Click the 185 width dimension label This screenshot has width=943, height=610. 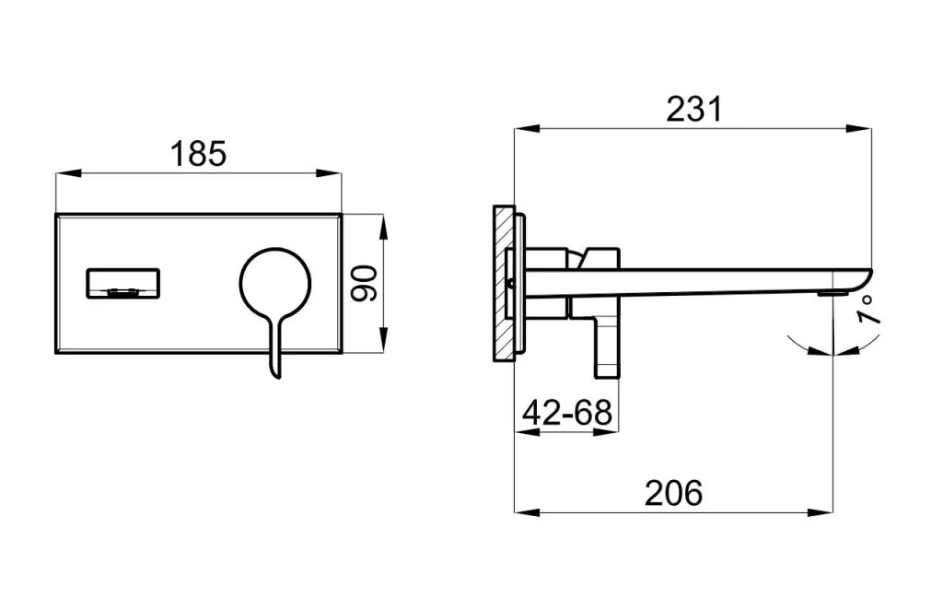click(x=199, y=154)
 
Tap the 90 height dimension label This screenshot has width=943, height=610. click(x=365, y=283)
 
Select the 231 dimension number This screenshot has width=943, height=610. click(x=694, y=110)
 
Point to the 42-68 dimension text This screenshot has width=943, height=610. click(x=567, y=413)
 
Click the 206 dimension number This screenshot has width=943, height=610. click(x=673, y=493)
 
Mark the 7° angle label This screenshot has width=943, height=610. click(x=867, y=310)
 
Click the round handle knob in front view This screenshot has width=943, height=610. click(x=275, y=283)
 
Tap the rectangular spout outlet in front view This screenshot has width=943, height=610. click(x=123, y=283)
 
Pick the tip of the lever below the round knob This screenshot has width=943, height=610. click(x=278, y=377)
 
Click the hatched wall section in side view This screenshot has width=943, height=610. click(x=504, y=283)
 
